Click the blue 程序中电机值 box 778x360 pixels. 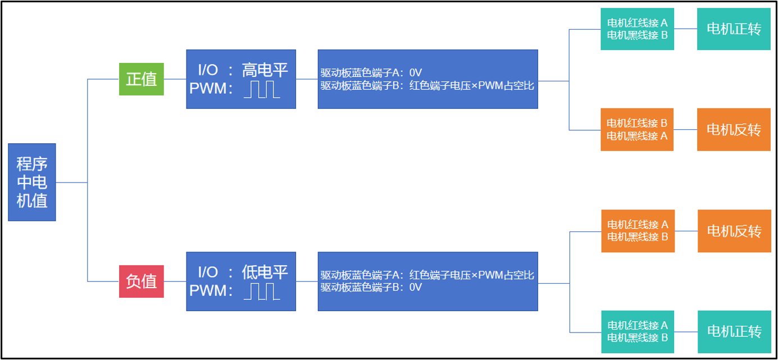(32, 182)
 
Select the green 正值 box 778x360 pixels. (142, 79)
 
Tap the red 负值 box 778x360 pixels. (142, 281)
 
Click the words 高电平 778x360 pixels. (265, 70)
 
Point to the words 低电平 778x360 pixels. (265, 272)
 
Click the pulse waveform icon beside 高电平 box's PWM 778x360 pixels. (262, 89)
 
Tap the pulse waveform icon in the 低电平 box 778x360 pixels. (262, 291)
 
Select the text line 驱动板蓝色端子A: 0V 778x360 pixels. (371, 72)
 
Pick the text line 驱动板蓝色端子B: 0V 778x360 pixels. (371, 288)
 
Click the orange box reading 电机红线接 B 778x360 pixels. (637, 129)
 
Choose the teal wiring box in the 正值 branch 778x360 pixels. (637, 29)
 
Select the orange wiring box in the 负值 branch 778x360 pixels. (638, 231)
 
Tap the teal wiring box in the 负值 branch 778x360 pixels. (638, 331)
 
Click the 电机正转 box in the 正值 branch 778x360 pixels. (734, 29)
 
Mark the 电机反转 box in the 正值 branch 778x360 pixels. (734, 130)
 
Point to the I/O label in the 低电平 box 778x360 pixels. (208, 272)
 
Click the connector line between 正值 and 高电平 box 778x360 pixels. (175, 79)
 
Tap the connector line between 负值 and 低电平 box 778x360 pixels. (175, 281)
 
